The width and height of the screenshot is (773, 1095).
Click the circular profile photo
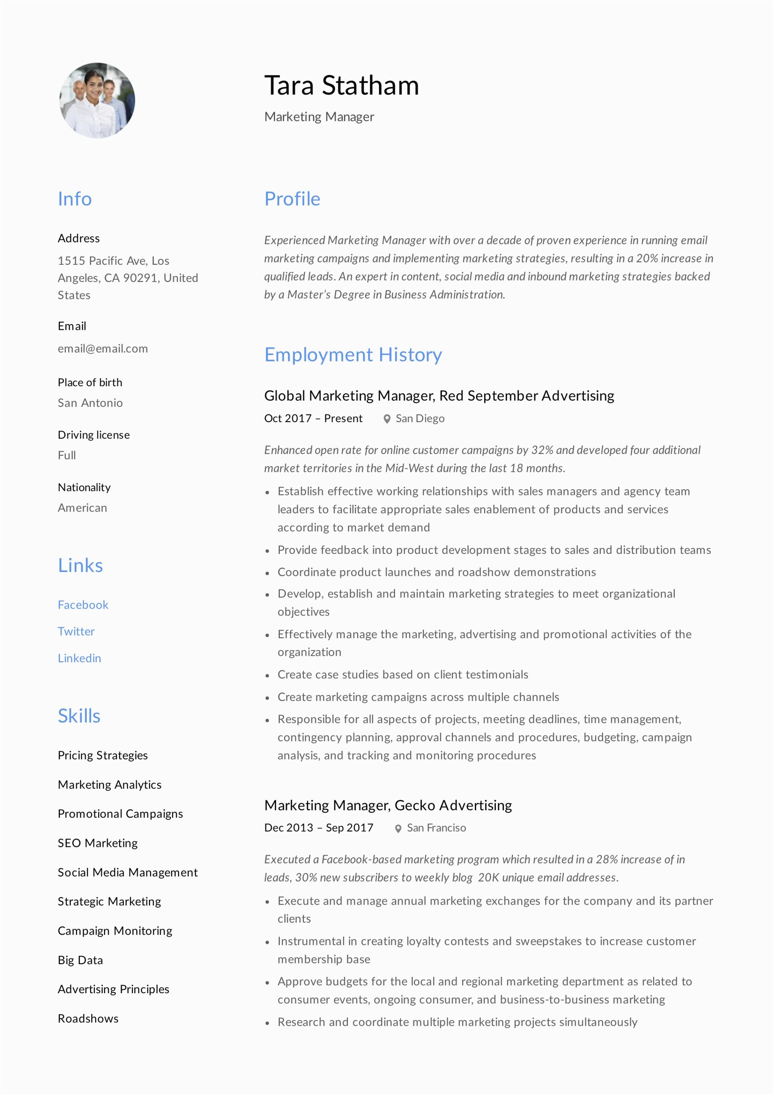pos(97,101)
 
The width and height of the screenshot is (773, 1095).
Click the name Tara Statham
pos(341,86)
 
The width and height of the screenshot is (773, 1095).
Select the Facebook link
pos(83,605)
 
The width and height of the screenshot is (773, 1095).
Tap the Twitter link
pos(76,631)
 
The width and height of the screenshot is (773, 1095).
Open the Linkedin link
pos(79,658)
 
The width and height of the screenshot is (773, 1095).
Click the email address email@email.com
pos(103,349)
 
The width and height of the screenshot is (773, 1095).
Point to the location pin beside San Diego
pos(387,419)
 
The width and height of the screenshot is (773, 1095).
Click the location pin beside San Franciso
pos(398,829)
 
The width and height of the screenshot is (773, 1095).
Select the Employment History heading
pos(353,355)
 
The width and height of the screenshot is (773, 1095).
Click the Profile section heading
pos(292,199)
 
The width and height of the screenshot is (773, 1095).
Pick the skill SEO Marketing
pos(97,843)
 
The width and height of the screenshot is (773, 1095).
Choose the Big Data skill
pos(80,960)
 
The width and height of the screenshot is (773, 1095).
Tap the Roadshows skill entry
pos(88,1019)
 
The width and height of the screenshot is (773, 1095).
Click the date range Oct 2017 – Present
pos(313,418)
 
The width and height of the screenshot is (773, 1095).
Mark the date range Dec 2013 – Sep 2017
pos(318,828)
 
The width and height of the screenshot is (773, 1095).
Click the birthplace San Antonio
pos(90,403)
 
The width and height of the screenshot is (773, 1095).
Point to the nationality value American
pos(82,508)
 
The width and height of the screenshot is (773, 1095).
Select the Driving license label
pos(94,435)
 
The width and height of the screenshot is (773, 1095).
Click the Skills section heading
pos(79,716)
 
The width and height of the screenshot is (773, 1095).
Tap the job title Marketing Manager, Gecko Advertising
pos(388,805)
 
